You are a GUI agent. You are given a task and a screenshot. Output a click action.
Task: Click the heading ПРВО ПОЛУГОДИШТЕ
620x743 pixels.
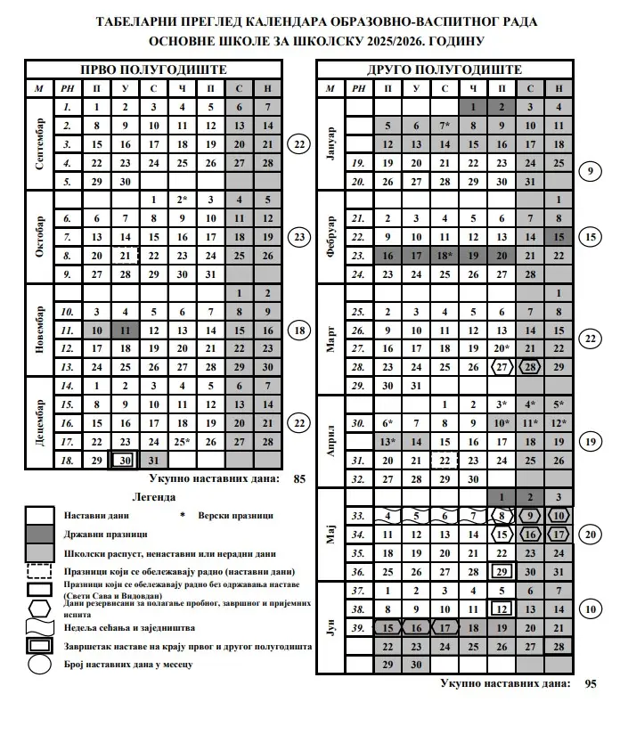(x=153, y=69)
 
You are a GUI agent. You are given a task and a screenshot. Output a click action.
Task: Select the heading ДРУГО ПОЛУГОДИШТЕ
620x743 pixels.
(x=445, y=69)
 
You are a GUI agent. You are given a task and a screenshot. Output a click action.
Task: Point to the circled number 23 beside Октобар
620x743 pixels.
(x=299, y=238)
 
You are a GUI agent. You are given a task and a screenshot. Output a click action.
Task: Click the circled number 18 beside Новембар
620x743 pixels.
(x=299, y=331)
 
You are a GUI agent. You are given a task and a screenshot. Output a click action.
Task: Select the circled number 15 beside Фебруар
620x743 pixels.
(x=589, y=238)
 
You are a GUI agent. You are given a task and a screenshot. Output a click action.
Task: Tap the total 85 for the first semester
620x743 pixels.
(x=299, y=478)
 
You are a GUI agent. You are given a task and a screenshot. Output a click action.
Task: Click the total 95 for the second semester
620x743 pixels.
(x=591, y=684)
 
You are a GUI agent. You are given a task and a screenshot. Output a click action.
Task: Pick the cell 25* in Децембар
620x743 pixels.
(x=182, y=441)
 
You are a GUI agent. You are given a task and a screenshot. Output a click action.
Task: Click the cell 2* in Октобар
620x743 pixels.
(x=182, y=200)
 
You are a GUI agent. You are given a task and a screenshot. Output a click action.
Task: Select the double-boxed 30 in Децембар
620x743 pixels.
(x=126, y=460)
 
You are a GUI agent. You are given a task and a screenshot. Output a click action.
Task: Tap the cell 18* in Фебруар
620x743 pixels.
(x=445, y=256)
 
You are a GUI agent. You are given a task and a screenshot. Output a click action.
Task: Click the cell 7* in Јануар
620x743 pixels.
(x=445, y=126)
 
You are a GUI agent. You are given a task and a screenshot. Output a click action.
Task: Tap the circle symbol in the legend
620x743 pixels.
(x=43, y=664)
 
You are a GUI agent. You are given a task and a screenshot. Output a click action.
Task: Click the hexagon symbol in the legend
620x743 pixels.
(x=43, y=608)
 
